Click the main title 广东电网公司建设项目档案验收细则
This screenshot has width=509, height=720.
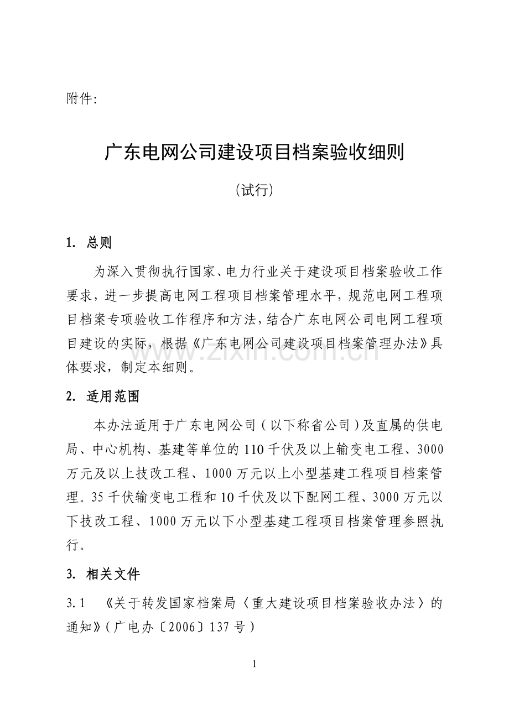coord(254,152)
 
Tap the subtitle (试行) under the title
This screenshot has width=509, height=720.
coord(254,190)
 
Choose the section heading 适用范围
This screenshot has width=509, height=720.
coord(113,396)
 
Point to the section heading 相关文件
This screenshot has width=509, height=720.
coord(113,574)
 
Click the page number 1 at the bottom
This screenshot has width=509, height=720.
coord(254,664)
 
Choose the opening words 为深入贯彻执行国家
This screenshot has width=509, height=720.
coord(149,272)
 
